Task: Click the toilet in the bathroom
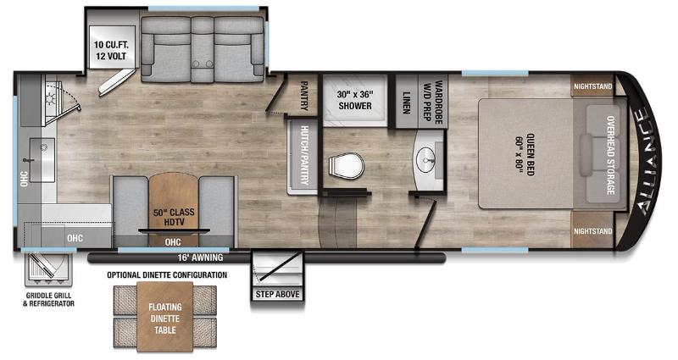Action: [346, 166]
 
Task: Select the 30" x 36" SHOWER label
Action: [355, 100]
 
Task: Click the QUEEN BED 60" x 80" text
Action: [525, 155]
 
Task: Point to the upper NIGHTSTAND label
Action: [592, 86]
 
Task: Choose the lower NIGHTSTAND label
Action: [592, 231]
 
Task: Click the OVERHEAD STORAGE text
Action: [610, 155]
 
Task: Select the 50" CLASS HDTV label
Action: [174, 217]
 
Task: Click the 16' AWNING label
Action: [200, 258]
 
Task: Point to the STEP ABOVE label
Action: [278, 294]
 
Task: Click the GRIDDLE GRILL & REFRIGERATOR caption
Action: [48, 300]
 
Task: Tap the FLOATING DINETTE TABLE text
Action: [165, 318]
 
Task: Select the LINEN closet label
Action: [406, 102]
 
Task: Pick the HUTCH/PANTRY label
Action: [304, 155]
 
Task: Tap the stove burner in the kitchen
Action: [51, 98]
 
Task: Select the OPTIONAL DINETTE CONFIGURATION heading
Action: [167, 274]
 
